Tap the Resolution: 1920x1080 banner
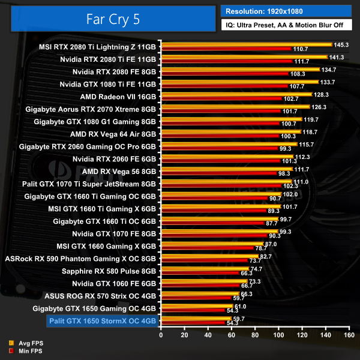tap(289, 10)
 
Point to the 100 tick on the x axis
tap(278, 335)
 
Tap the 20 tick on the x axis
tap(184, 335)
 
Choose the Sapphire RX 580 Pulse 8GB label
tap(107, 271)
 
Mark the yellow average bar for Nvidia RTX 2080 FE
tap(239, 70)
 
